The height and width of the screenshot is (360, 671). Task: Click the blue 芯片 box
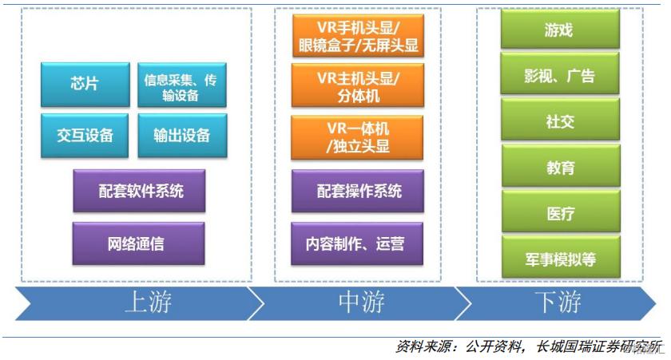[85, 84]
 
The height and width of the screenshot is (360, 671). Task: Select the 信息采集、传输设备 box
[181, 86]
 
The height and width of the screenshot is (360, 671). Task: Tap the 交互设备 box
[85, 134]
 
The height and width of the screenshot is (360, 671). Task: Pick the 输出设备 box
[181, 134]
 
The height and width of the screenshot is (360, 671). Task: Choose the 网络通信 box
[138, 243]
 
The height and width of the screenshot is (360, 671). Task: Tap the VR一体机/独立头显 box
[357, 136]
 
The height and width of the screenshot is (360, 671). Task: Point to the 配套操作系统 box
[358, 191]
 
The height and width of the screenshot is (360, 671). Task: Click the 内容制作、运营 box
[358, 243]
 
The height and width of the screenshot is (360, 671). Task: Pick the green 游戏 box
[559, 30]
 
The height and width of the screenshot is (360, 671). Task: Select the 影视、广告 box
[559, 76]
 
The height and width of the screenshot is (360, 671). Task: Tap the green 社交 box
[559, 121]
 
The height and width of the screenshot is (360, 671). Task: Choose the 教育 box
[559, 168]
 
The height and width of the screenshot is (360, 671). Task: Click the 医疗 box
[559, 213]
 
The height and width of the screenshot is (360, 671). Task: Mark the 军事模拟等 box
[559, 259]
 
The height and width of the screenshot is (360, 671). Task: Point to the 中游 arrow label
[360, 304]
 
